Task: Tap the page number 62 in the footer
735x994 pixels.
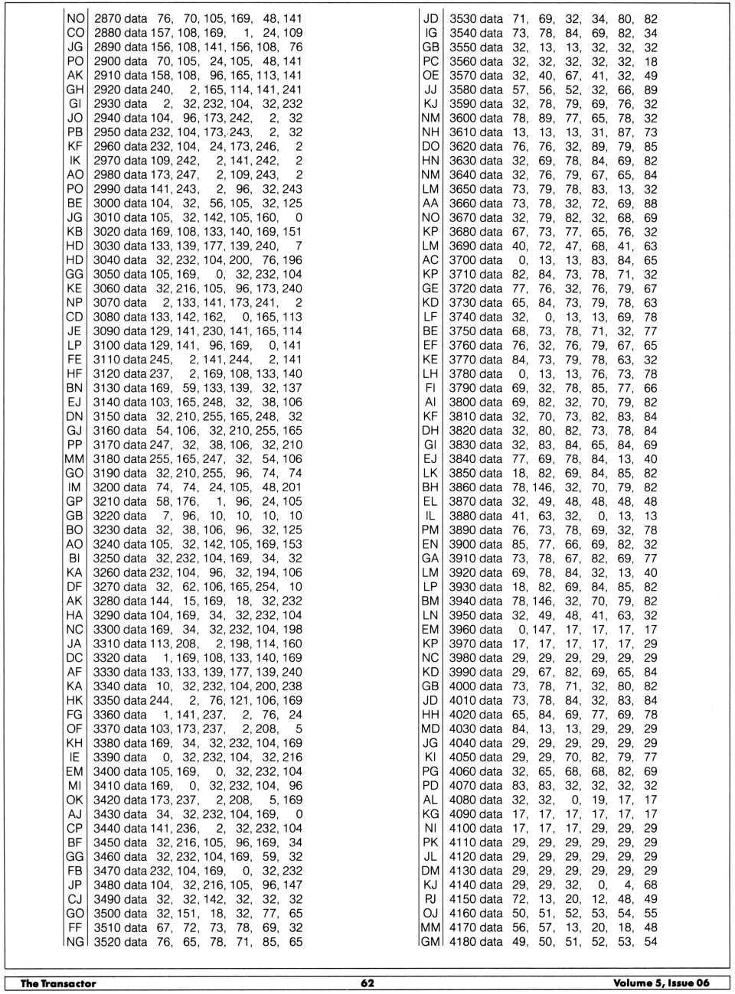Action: (x=367, y=983)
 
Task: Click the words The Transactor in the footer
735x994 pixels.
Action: (x=58, y=983)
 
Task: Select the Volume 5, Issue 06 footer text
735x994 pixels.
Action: (x=661, y=983)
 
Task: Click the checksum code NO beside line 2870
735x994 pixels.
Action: (x=76, y=18)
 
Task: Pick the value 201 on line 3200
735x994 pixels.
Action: (x=292, y=487)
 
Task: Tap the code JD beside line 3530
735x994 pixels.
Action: (x=431, y=18)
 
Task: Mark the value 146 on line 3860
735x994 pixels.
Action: (x=543, y=487)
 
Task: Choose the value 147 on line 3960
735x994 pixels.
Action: (x=543, y=629)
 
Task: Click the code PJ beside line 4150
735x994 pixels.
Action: (x=431, y=898)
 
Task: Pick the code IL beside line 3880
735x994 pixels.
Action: (x=431, y=515)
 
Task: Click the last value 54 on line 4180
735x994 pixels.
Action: (x=650, y=941)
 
